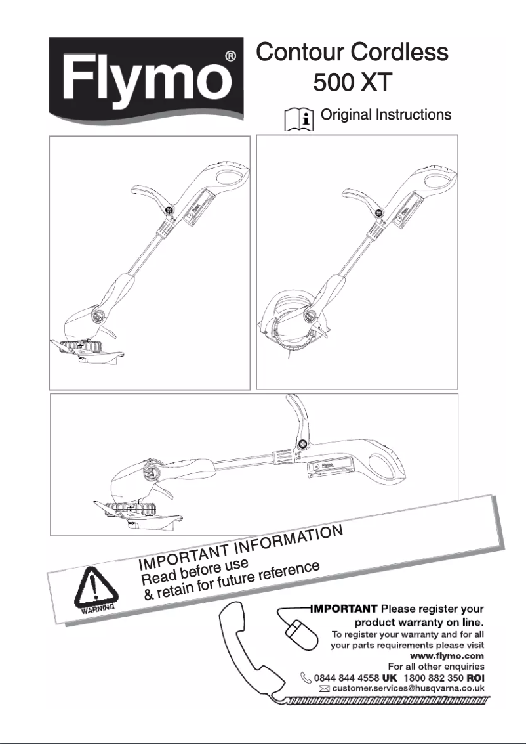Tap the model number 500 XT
tap(352, 83)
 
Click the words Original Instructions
tap(386, 115)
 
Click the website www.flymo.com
tap(447, 655)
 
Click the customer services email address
tap(408, 688)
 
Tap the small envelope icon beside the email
tap(323, 689)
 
